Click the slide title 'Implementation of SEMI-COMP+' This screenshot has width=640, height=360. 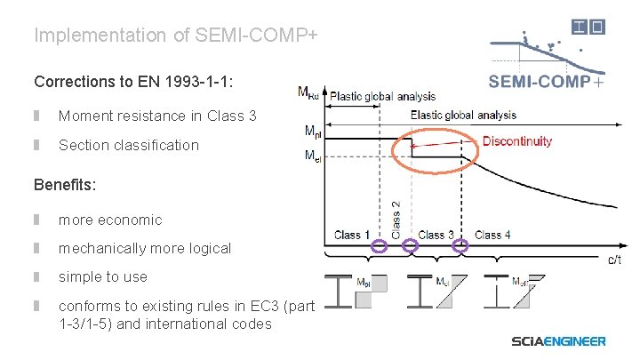coord(175,36)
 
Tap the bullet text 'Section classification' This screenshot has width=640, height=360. coord(129,145)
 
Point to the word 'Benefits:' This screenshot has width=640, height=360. coord(65,186)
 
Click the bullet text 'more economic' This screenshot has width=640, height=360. coord(110,220)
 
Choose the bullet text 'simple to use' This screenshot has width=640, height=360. coord(103,276)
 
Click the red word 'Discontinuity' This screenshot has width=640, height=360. coord(516,140)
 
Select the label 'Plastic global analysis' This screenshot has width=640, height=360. coord(382,96)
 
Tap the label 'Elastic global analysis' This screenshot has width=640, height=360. coord(462,115)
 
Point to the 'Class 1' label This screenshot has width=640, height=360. coord(353,236)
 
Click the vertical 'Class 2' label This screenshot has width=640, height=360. coord(396,217)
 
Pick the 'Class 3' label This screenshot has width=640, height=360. coord(436,236)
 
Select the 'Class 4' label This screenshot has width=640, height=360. coord(493,236)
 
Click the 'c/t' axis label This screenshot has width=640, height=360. coord(614,260)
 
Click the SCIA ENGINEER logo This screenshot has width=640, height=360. coord(558,340)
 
